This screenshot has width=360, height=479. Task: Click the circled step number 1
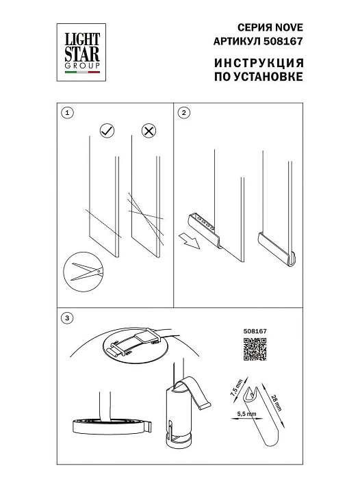66,112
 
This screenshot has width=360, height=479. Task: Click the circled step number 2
185,112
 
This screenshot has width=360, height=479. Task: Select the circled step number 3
66,318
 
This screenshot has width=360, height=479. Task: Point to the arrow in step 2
189,239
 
